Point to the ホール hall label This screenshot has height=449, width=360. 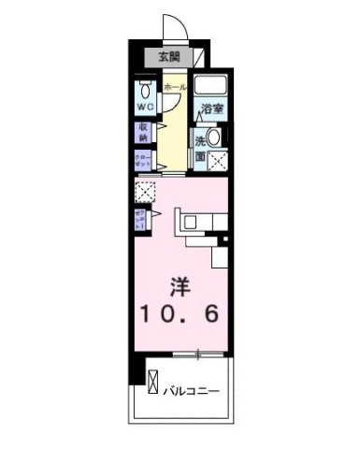tap(174, 87)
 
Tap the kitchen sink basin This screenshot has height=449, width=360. tap(187, 222)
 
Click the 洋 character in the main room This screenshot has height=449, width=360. tap(180, 284)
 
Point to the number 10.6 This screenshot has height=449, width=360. tap(180, 315)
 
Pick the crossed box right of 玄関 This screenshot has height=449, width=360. tap(201, 57)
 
